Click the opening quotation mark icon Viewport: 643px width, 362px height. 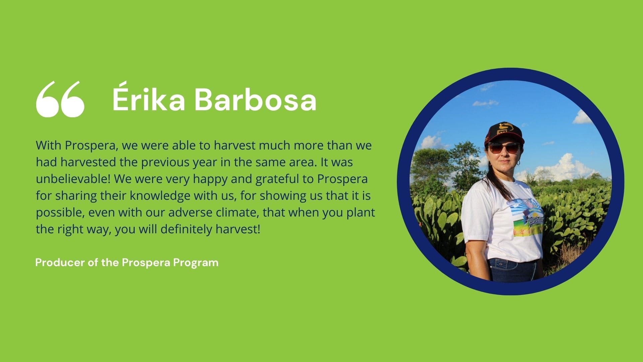(60, 99)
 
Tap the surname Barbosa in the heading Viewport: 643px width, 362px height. (256, 99)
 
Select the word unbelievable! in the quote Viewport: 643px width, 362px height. (73, 179)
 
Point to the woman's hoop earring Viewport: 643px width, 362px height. (518, 163)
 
